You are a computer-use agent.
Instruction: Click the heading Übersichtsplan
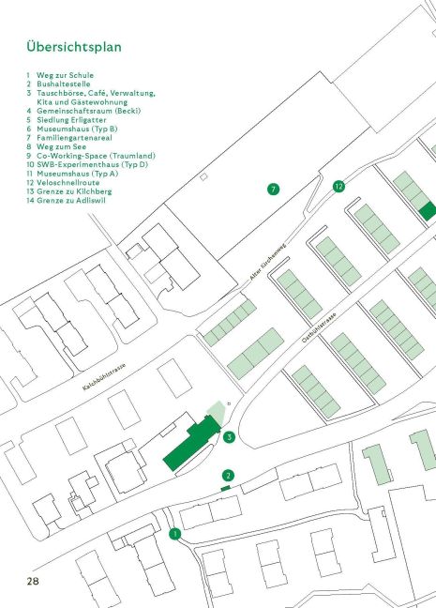pyautogui.click(x=74, y=47)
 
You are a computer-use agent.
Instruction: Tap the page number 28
pyautogui.click(x=33, y=581)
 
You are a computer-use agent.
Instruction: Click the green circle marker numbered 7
pyautogui.click(x=273, y=190)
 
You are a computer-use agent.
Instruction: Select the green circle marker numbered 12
pyautogui.click(x=338, y=187)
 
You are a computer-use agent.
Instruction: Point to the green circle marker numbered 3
pyautogui.click(x=229, y=437)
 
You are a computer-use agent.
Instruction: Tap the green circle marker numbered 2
pyautogui.click(x=228, y=476)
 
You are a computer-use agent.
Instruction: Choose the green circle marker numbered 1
pyautogui.click(x=174, y=534)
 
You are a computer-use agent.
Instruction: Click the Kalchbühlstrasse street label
pyautogui.click(x=104, y=376)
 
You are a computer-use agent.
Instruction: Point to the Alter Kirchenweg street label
pyautogui.click(x=268, y=262)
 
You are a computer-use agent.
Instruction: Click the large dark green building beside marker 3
pyautogui.click(x=192, y=443)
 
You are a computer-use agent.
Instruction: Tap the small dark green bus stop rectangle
pyautogui.click(x=226, y=488)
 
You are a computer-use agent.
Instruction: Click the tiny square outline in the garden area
pyautogui.click(x=203, y=176)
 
